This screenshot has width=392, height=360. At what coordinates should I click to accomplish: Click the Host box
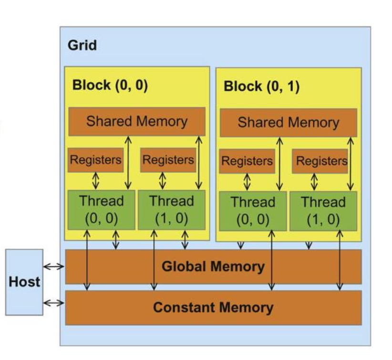pyautogui.click(x=24, y=282)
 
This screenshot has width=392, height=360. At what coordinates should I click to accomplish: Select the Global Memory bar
pyautogui.click(x=213, y=266)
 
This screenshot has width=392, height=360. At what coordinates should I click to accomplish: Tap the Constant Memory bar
pyautogui.click(x=213, y=307)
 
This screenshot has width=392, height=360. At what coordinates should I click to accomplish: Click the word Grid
pyautogui.click(x=82, y=45)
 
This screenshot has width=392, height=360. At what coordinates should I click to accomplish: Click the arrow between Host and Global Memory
pyautogui.click(x=54, y=266)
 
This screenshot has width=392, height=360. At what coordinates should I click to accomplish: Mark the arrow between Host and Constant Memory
pyautogui.click(x=54, y=303)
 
